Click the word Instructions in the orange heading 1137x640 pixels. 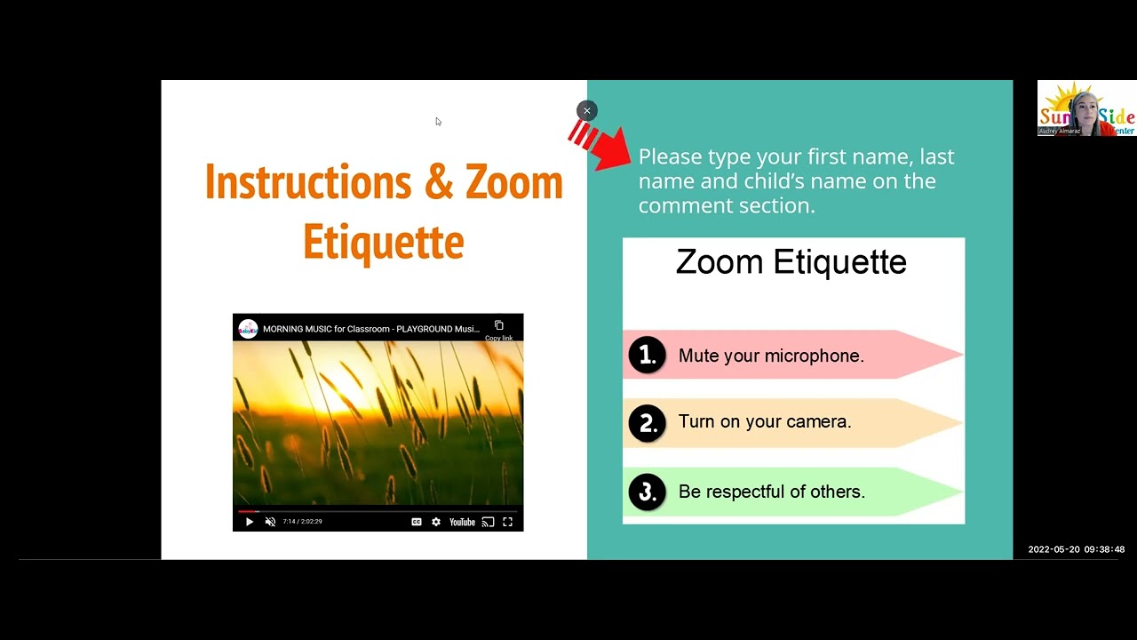(306, 182)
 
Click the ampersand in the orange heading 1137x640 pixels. (439, 182)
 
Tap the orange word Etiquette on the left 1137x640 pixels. (383, 242)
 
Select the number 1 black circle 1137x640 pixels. (647, 356)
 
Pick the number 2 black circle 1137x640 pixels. (647, 422)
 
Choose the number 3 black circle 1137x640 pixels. (647, 492)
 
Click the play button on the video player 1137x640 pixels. (249, 522)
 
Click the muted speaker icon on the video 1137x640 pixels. (270, 522)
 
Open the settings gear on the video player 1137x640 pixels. (436, 522)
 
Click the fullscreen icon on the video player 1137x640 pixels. (507, 522)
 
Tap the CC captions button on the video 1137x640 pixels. (416, 522)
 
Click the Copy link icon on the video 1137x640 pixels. (498, 326)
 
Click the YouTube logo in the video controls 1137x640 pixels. (462, 522)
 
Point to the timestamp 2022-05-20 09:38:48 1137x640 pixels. (1076, 549)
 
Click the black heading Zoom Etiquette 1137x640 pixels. (791, 262)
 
